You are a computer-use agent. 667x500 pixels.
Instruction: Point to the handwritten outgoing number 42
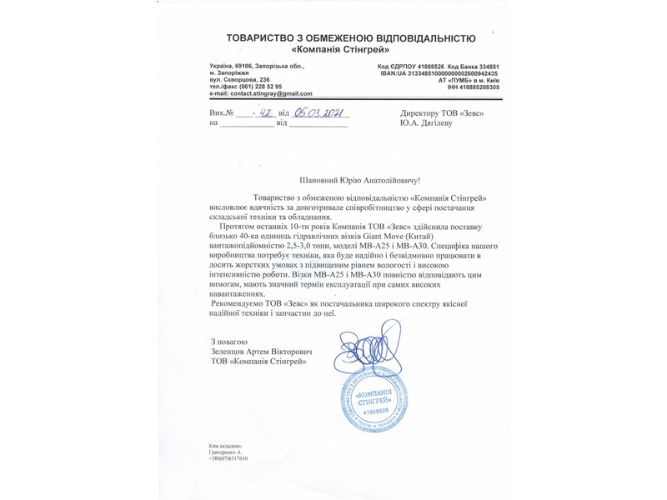pyautogui.click(x=265, y=112)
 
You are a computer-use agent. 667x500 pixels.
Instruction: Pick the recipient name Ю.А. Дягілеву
pyautogui.click(x=433, y=123)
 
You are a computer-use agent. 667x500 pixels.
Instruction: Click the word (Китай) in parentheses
pyautogui.click(x=463, y=236)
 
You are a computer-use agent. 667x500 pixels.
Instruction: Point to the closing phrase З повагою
pyautogui.click(x=229, y=341)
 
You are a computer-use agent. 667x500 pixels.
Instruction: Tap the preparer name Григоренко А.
pyautogui.click(x=228, y=452)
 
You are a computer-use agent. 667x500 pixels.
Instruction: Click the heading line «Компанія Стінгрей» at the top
pyautogui.click(x=351, y=50)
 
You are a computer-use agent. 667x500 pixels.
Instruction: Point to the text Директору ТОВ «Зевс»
pyautogui.click(x=442, y=113)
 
